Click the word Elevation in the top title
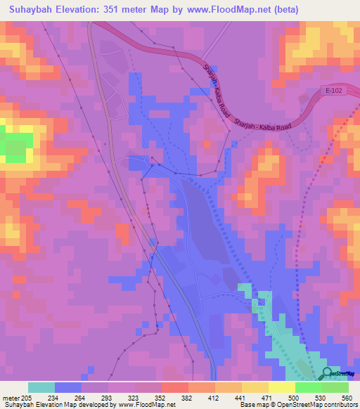(86, 10)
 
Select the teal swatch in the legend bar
(41, 387)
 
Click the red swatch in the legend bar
(174, 387)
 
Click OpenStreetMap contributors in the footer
(317, 405)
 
